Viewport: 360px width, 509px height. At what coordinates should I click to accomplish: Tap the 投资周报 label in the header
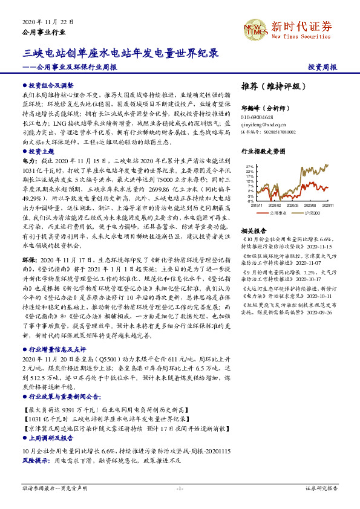[x=322, y=66]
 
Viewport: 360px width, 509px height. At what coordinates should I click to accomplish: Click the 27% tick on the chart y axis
[x=250, y=165]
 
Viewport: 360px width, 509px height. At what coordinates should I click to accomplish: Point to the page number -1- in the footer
[x=180, y=487]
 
